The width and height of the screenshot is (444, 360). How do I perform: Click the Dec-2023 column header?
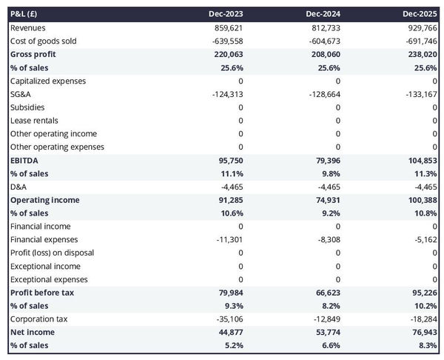pyautogui.click(x=226, y=14)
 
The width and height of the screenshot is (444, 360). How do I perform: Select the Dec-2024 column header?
pyautogui.click(x=323, y=14)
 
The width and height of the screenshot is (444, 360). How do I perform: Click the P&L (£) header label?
pyautogui.click(x=25, y=14)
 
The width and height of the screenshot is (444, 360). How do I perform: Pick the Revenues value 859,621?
pyautogui.click(x=227, y=27)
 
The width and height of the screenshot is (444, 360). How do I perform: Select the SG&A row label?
pyautogui.click(x=21, y=94)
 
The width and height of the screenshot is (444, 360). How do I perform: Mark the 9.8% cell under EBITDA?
pyautogui.click(x=330, y=173)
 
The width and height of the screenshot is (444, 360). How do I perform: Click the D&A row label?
pyautogui.click(x=18, y=187)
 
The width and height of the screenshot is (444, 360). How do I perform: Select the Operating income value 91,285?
pyautogui.click(x=229, y=200)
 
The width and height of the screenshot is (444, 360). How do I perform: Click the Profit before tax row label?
pyautogui.click(x=42, y=293)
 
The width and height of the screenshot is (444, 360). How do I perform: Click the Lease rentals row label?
pyautogui.click(x=34, y=120)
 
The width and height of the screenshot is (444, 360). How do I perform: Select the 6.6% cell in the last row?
pyautogui.click(x=330, y=345)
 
